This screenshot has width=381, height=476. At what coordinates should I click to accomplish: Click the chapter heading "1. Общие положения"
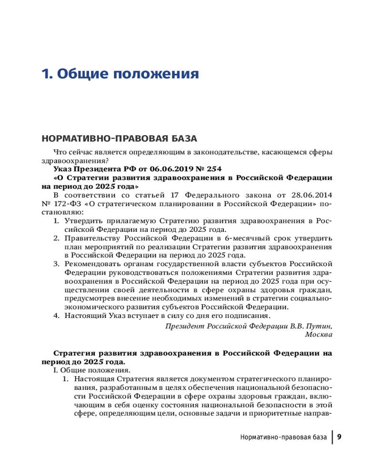pos(120,74)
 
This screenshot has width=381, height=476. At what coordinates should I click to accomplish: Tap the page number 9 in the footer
pos(340,437)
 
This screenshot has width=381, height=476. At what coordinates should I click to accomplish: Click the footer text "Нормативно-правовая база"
pos(277,437)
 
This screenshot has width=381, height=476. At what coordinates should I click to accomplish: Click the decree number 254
pos(213,169)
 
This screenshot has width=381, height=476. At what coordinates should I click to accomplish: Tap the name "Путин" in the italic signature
pos(320,326)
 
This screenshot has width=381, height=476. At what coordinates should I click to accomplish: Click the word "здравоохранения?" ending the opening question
pos(75,160)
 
